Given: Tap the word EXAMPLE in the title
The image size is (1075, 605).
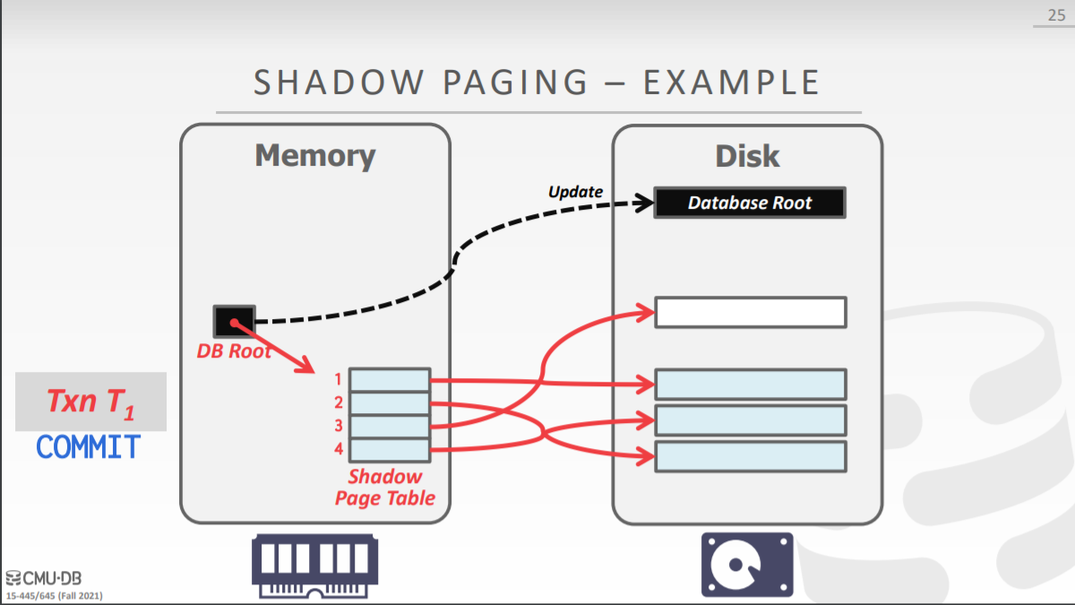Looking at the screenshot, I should (731, 82).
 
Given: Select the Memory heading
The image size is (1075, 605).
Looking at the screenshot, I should (315, 156).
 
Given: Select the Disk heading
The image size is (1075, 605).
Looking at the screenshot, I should (747, 156).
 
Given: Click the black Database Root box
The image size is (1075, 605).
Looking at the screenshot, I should (750, 203).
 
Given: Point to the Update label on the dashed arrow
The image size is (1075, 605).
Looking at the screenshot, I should (575, 191).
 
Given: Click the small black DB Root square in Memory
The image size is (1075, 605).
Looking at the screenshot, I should (234, 321).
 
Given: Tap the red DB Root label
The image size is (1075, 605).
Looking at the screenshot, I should (234, 351).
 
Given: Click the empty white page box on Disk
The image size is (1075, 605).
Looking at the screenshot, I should (750, 312).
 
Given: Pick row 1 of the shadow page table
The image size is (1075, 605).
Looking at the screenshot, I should (390, 380).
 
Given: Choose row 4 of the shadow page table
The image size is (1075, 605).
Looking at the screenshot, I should (390, 449).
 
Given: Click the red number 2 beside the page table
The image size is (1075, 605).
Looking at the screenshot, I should (339, 402).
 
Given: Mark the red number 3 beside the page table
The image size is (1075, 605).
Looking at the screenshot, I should (339, 426).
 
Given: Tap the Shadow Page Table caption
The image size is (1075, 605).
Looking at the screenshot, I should (385, 488).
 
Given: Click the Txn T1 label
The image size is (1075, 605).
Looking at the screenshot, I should (90, 402).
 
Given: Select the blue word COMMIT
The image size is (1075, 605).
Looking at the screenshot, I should (89, 446).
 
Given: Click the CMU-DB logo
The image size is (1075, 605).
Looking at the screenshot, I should (43, 578).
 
